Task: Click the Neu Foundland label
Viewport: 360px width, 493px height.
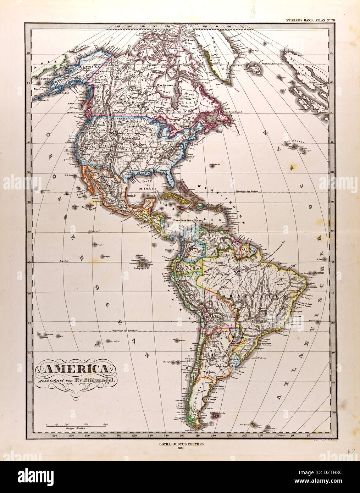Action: click(x=232, y=112)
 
